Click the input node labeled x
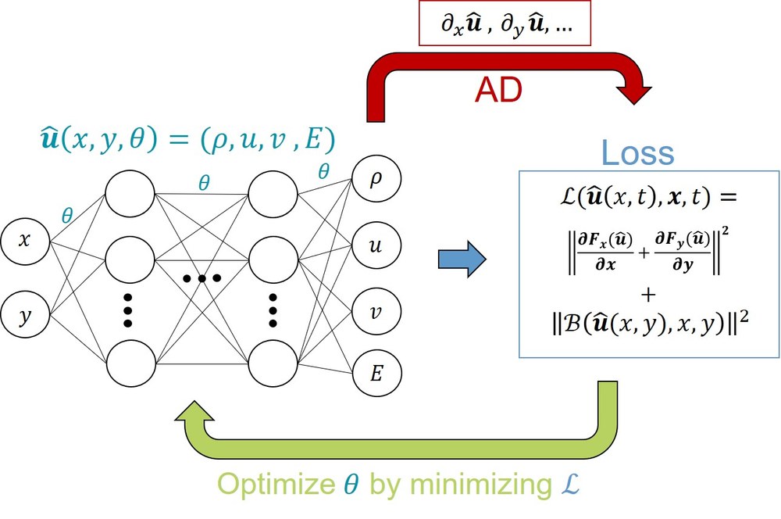tap(25, 242)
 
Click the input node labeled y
tap(25, 315)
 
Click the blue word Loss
tap(638, 154)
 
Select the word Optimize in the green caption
tap(276, 485)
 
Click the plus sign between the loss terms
tap(647, 293)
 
